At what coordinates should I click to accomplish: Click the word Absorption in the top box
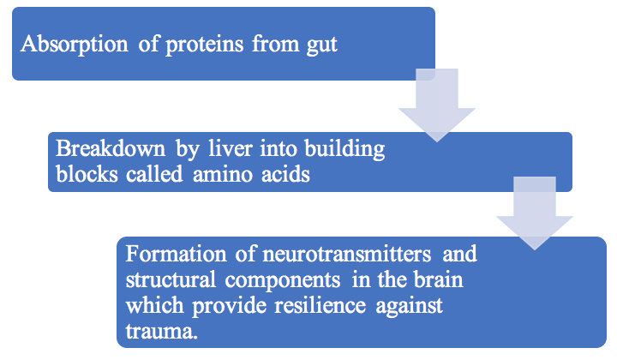pyautogui.click(x=75, y=44)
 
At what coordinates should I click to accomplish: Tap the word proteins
pyautogui.click(x=205, y=45)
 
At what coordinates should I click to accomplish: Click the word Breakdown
pyautogui.click(x=111, y=149)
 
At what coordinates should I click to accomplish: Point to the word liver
pyautogui.click(x=231, y=149)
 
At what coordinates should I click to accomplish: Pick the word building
pyautogui.click(x=344, y=150)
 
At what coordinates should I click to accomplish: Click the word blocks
pyautogui.click(x=87, y=174)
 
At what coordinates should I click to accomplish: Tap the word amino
pyautogui.click(x=222, y=175)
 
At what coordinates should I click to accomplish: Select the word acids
pyautogui.click(x=285, y=174)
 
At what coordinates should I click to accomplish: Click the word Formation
pyautogui.click(x=176, y=254)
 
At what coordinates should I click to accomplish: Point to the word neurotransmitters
pyautogui.click(x=347, y=255)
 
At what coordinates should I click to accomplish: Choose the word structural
pyautogui.click(x=171, y=279)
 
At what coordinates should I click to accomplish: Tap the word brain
pyautogui.click(x=440, y=279)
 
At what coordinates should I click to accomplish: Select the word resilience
pyautogui.click(x=320, y=305)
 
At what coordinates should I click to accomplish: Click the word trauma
pyautogui.click(x=161, y=331)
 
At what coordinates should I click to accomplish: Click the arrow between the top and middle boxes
pyautogui.click(x=437, y=105)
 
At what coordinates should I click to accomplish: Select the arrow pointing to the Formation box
pyautogui.click(x=535, y=213)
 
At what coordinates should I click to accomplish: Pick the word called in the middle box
pyautogui.click(x=154, y=174)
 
